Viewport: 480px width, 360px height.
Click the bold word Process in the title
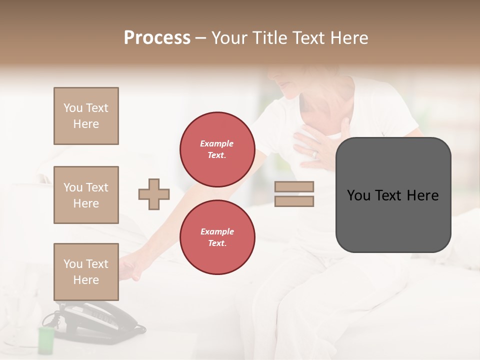pos(157,38)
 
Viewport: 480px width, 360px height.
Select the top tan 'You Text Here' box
pos(86,116)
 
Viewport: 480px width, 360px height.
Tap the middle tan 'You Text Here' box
pos(86,195)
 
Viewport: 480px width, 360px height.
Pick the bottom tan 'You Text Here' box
pos(86,272)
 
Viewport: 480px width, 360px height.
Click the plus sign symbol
pos(154,194)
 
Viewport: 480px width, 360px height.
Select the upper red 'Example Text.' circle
pos(217,149)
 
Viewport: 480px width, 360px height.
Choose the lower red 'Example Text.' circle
pos(217,237)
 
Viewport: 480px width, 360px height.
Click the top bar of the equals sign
pos(294,187)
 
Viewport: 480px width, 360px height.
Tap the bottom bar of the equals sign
pos(294,201)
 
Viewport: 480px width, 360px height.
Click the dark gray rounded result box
pos(393,195)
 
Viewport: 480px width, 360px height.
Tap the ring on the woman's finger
pos(314,154)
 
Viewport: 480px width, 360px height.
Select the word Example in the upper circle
pos(217,143)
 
